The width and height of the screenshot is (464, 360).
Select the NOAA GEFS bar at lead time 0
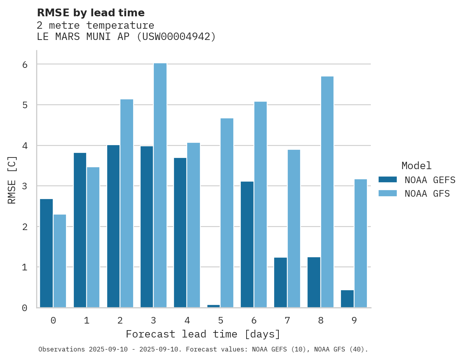point(46,253)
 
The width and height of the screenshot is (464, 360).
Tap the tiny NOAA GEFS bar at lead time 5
point(214,306)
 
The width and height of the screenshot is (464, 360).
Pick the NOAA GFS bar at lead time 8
point(327,192)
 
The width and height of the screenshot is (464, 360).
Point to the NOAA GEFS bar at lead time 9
point(347,299)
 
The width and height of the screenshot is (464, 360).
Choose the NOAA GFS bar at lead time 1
point(93,237)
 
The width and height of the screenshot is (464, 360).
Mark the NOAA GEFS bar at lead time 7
point(280,282)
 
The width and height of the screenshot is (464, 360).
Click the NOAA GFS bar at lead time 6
point(260,204)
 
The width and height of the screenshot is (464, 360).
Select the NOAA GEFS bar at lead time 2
point(113,226)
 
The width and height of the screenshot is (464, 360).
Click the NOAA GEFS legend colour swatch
point(388,180)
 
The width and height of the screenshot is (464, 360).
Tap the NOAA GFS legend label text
point(427,194)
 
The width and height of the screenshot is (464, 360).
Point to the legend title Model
point(416,166)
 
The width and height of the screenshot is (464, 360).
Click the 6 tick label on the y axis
point(24,64)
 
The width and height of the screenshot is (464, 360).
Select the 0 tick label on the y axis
point(24,308)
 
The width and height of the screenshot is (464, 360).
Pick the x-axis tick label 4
point(187,320)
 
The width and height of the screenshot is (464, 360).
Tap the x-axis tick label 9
point(354,320)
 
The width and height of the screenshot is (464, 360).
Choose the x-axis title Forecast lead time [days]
point(203,334)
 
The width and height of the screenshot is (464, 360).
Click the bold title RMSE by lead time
point(90,13)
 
